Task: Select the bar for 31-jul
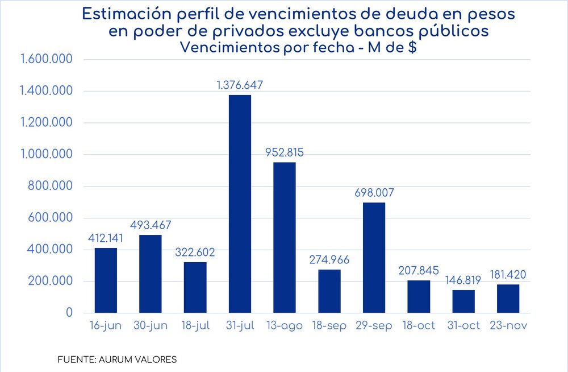240,204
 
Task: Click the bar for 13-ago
285,237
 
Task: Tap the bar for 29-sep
374,258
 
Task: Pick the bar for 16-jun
106,280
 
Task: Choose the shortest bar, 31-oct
463,301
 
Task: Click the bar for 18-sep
329,291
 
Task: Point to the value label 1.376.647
240,85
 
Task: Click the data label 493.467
151,225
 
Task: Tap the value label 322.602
195,253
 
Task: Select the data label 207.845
419,271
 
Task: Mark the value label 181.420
508,275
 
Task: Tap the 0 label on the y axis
69,313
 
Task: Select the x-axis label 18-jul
195,326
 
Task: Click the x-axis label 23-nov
508,326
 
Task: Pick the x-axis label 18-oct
419,326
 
